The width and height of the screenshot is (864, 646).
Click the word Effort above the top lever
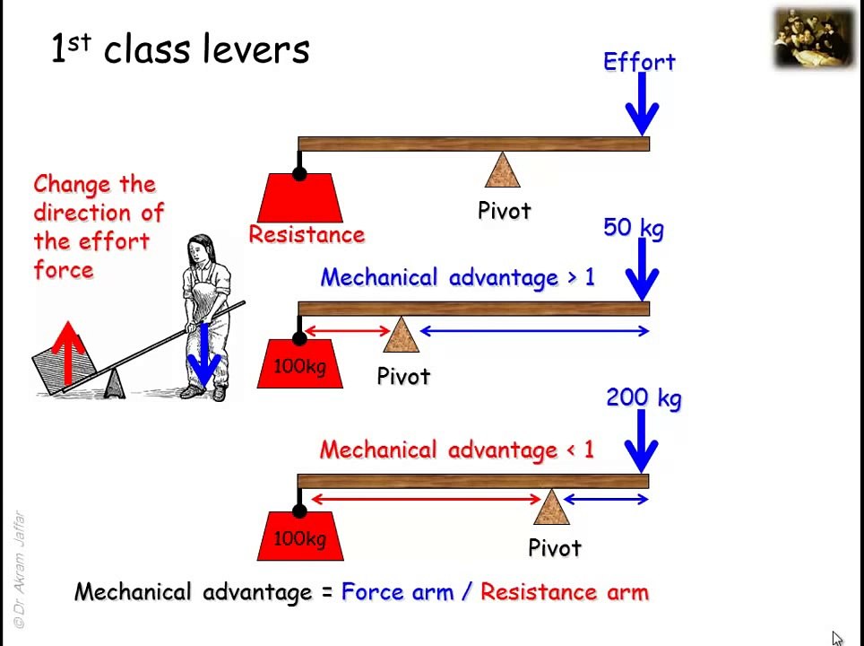[x=639, y=62]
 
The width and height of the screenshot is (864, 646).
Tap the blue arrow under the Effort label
[x=642, y=106]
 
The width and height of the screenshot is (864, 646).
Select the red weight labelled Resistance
[x=300, y=198]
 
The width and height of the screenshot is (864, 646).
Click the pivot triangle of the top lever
[x=503, y=171]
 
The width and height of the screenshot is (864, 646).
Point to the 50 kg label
[x=634, y=228]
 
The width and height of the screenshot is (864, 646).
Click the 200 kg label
[x=644, y=397]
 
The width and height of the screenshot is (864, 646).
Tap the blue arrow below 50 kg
[x=642, y=270]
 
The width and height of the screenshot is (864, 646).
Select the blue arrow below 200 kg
[x=642, y=441]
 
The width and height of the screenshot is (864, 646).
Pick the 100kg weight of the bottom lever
[x=300, y=537]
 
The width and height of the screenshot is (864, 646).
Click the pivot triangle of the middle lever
[x=401, y=336]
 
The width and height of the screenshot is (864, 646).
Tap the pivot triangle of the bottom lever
[x=551, y=508]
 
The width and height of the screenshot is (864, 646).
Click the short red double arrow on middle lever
[x=348, y=332]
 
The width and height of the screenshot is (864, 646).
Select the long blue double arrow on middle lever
[x=534, y=332]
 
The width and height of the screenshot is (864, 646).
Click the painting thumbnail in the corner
[x=814, y=38]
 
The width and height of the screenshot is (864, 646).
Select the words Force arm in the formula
[x=397, y=592]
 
